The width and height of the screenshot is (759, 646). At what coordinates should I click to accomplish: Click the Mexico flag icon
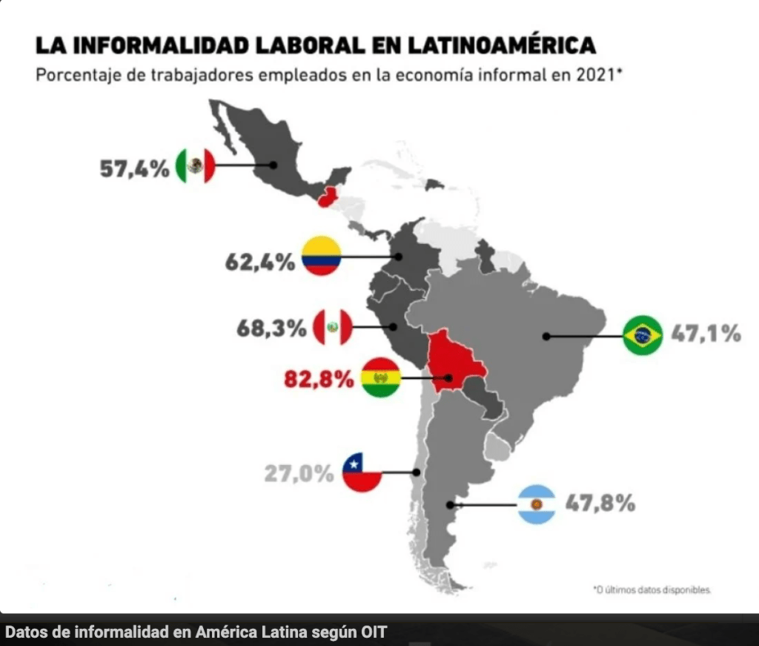pos(196,166)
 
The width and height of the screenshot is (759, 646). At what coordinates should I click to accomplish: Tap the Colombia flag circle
pos(321,256)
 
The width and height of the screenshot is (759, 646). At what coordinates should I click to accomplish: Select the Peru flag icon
pos(333,326)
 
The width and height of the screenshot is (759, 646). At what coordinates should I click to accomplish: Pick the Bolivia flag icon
pos(381,378)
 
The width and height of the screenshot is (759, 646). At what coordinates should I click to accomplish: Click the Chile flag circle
pos(362,472)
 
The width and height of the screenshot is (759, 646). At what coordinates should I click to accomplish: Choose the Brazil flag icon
pos(643,335)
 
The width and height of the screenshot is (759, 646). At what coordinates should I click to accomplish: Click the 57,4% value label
pos(136,168)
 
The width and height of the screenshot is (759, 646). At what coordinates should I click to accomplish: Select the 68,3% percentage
pos(271,328)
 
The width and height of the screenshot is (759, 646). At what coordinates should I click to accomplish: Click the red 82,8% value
pos(319,380)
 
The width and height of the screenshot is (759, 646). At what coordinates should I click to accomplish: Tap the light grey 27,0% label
pos(299,472)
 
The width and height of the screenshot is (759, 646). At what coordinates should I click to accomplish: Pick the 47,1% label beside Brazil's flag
pos(706,334)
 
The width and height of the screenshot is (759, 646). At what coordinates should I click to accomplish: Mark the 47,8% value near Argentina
pos(600,504)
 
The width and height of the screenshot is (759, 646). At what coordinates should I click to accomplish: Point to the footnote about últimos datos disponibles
pos(652,590)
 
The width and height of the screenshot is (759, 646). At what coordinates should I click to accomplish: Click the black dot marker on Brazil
pos(546,336)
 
